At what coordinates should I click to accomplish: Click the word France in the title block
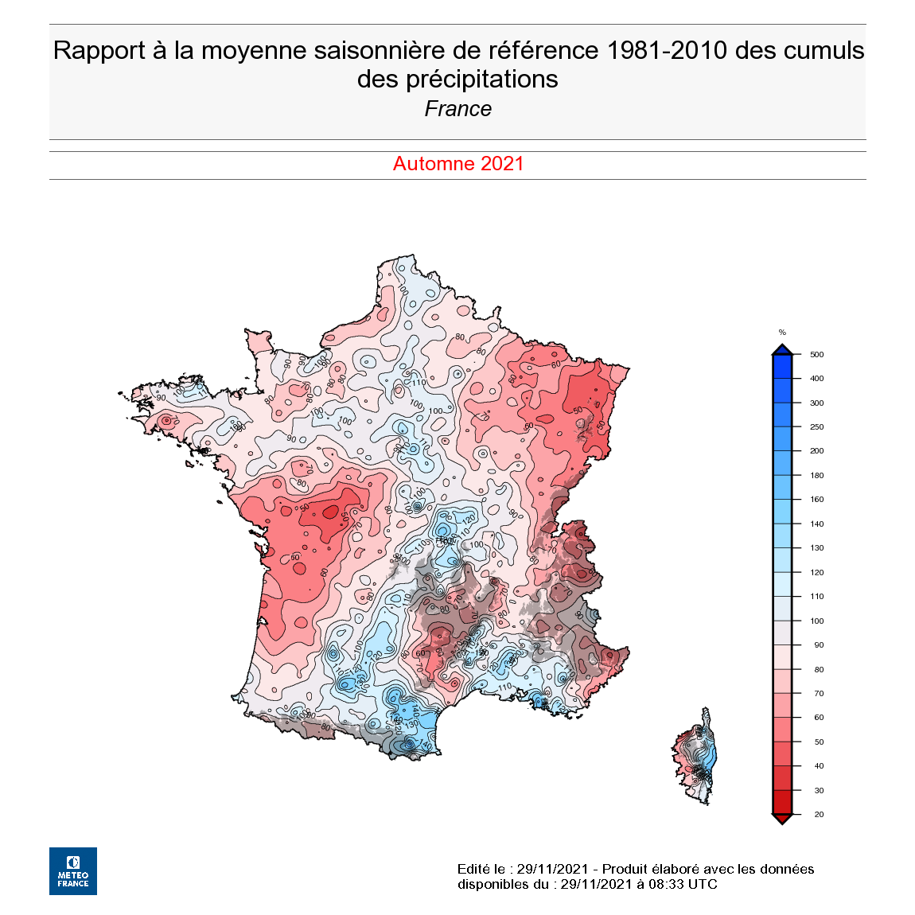(x=457, y=109)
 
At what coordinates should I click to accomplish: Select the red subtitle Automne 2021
(x=458, y=164)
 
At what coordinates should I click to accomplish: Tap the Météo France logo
(x=73, y=870)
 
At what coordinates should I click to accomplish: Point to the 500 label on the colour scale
(x=816, y=355)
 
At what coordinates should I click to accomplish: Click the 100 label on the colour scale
(x=816, y=621)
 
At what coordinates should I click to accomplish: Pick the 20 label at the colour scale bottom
(x=819, y=814)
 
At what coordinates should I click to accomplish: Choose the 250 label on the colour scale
(x=816, y=427)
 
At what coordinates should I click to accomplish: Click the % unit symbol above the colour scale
(x=782, y=333)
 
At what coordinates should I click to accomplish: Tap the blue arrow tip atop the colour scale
(x=782, y=349)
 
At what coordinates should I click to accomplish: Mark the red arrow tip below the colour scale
(x=782, y=820)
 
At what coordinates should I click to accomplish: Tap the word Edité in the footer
(x=474, y=869)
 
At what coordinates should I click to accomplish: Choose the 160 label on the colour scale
(x=816, y=500)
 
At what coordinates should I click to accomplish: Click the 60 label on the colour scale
(x=819, y=718)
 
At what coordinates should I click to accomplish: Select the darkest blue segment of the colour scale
(x=782, y=366)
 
